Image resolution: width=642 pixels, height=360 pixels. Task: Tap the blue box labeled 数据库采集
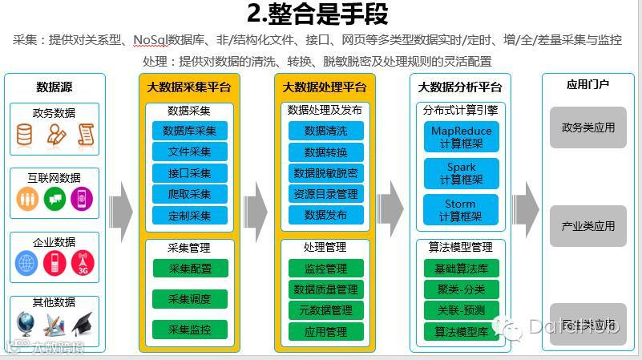point(190,131)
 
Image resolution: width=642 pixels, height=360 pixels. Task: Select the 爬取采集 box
point(190,194)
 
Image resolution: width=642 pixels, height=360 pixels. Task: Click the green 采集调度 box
point(190,299)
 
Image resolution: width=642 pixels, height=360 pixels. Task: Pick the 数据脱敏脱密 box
point(326,172)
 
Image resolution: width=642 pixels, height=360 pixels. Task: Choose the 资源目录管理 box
point(326,194)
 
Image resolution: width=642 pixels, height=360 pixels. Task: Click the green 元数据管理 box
point(325,310)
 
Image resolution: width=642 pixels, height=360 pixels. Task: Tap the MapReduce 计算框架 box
point(461,136)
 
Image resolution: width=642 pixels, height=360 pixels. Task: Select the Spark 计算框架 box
point(461,174)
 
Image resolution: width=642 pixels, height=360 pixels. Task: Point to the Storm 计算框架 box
point(461,210)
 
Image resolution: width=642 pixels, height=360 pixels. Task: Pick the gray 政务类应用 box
point(587,127)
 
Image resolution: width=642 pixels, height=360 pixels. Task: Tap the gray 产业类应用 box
point(587,227)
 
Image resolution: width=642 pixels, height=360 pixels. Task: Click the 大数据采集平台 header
point(189,87)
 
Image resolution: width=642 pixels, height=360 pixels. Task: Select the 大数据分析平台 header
point(460,87)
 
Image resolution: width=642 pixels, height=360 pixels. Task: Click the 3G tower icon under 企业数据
point(82,263)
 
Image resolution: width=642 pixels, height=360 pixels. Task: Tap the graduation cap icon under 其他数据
point(82,324)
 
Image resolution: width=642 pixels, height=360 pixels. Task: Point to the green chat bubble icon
point(55,199)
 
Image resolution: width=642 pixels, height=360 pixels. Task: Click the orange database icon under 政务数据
point(26,135)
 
